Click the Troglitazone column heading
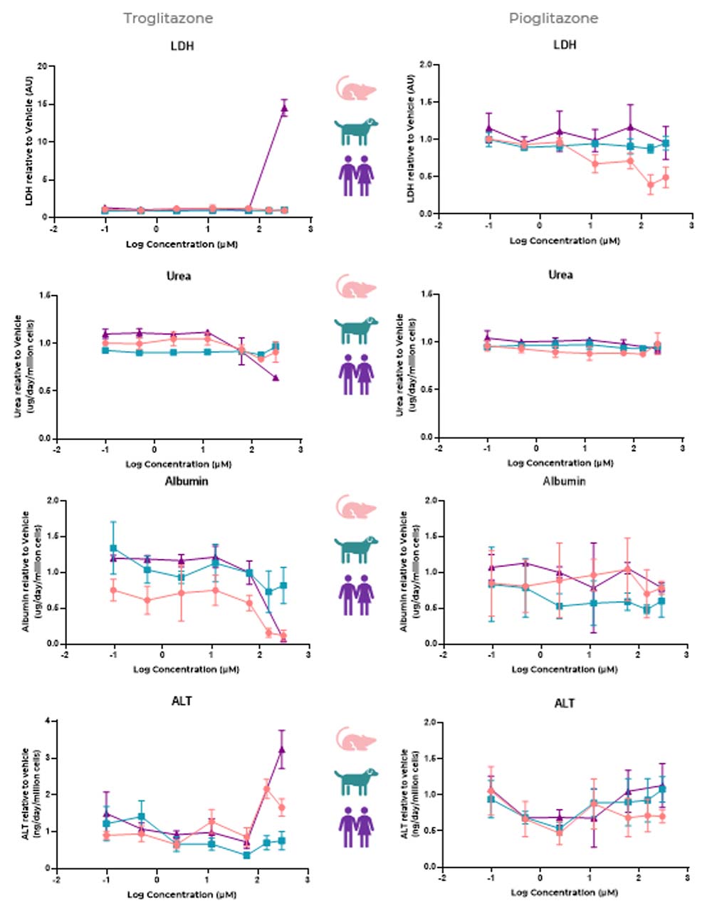coord(168,19)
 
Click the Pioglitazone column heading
coord(553,19)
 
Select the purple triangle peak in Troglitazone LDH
coord(284,109)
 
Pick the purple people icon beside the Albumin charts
coord(355,594)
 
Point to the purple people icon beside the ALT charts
coord(355,825)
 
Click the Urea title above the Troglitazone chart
coord(179,276)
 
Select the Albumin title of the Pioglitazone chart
coord(564,481)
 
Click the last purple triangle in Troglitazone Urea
coord(276,378)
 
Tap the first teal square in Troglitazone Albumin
coord(113,548)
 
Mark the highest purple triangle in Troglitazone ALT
coord(282,749)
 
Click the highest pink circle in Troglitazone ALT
coord(267,788)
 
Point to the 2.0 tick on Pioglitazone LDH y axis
coord(426,65)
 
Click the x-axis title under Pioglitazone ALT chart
coord(564,892)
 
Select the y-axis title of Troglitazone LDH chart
coord(30,141)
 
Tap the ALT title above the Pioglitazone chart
coord(564,704)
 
